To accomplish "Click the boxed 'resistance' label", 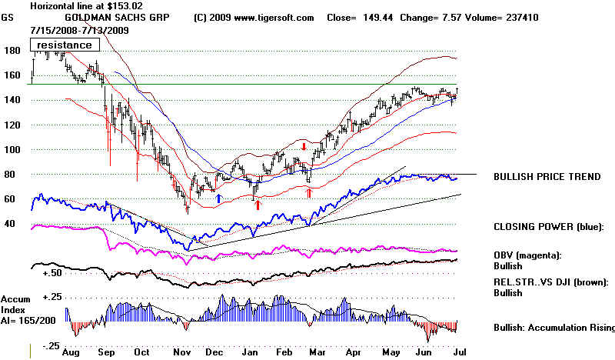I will tap(66, 45).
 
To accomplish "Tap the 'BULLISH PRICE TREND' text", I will tap(547, 177).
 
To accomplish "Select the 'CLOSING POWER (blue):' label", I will tap(549, 228).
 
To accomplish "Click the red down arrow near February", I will tap(304, 146).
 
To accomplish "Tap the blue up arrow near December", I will tap(219, 198).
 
